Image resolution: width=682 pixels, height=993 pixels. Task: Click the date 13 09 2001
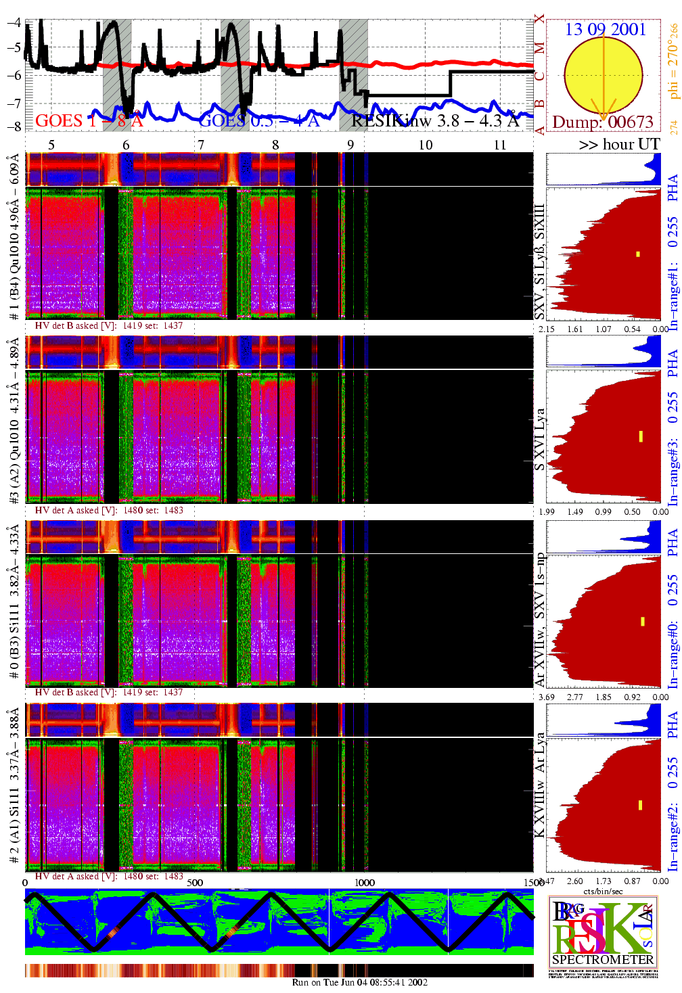click(x=605, y=29)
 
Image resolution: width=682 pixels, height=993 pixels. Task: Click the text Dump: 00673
click(x=603, y=122)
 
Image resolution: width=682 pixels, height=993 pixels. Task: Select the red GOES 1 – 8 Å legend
click(x=89, y=121)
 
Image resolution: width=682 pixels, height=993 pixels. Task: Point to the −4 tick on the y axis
click(x=13, y=22)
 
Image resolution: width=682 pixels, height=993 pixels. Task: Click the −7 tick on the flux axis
click(x=13, y=102)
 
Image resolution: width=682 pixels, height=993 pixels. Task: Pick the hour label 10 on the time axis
click(x=425, y=145)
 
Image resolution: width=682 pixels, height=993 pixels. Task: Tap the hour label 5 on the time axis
click(x=51, y=145)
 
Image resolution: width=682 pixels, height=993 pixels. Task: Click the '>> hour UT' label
click(x=618, y=144)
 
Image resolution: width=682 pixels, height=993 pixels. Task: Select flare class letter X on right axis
click(x=539, y=19)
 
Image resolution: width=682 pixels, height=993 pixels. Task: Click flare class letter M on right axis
click(x=539, y=47)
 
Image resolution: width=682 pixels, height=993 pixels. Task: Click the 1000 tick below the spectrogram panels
click(x=364, y=882)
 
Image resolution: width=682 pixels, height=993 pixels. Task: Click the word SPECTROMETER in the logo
click(x=603, y=959)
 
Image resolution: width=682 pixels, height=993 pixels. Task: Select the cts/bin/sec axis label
click(x=603, y=891)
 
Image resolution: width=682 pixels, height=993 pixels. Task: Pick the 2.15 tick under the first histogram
click(x=546, y=329)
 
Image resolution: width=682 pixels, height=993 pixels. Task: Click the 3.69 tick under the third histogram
click(x=546, y=697)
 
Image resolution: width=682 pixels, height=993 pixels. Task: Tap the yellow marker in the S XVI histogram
click(x=641, y=436)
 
